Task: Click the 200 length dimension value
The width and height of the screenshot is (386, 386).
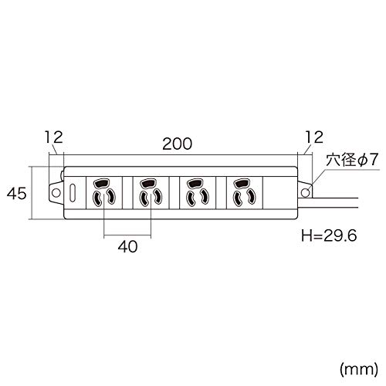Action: click(178, 144)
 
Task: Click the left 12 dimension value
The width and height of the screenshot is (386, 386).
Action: click(53, 137)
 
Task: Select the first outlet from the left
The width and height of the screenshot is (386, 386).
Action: click(103, 193)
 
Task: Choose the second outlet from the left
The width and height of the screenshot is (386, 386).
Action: click(149, 193)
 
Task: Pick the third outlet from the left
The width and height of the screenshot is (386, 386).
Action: click(196, 193)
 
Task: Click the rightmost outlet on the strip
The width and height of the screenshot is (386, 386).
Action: click(242, 193)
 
